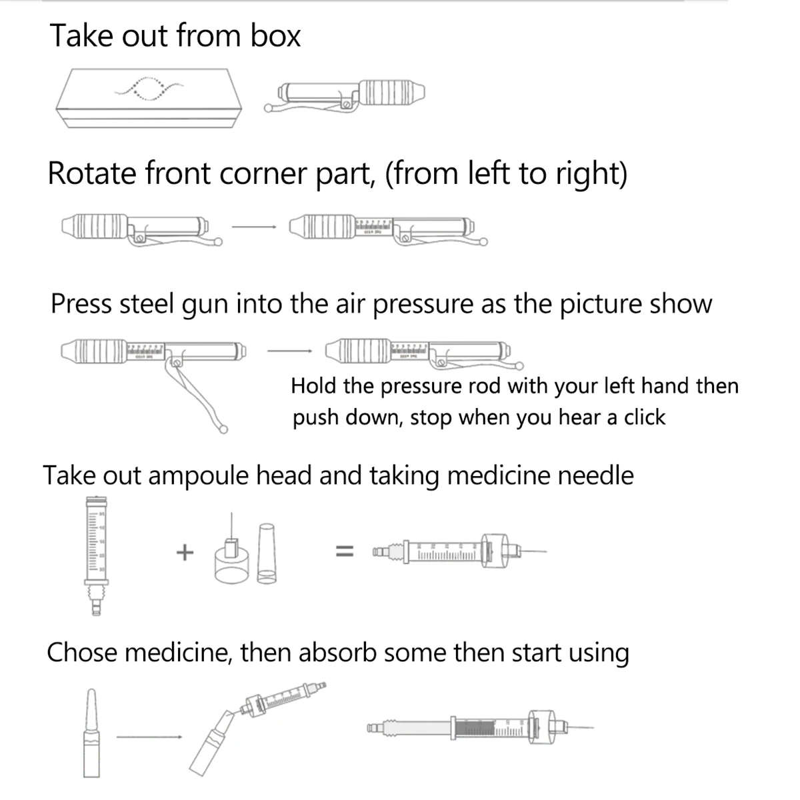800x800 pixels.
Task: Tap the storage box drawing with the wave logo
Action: click(149, 97)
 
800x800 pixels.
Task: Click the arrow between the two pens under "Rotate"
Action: click(253, 226)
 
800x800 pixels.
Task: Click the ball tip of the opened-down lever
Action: click(223, 429)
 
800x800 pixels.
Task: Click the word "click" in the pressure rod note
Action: click(644, 417)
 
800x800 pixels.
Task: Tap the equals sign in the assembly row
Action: click(343, 552)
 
